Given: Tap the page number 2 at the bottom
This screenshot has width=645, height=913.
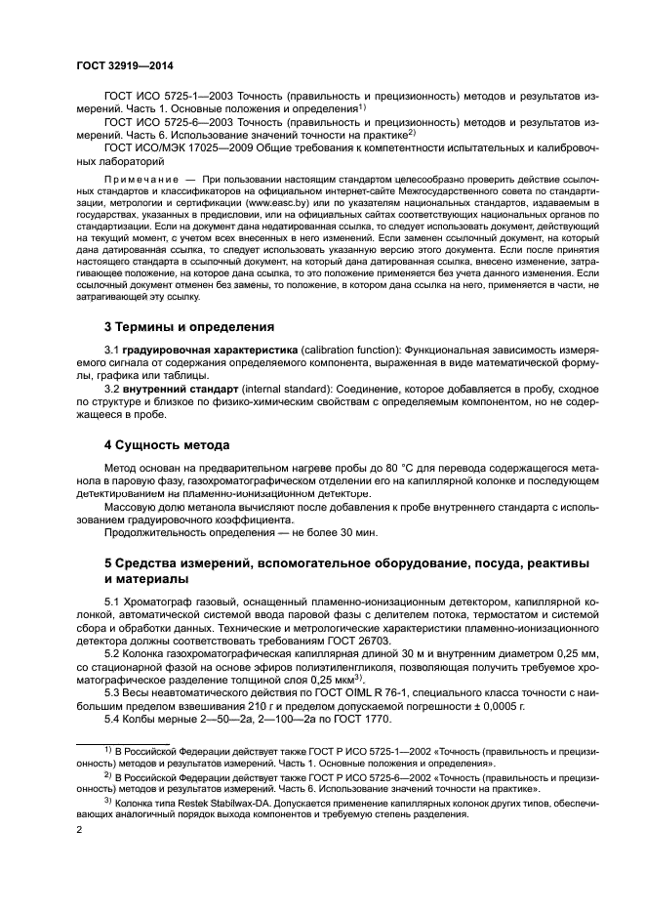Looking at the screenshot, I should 78,829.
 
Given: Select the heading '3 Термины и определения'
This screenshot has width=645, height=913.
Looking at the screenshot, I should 189,326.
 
